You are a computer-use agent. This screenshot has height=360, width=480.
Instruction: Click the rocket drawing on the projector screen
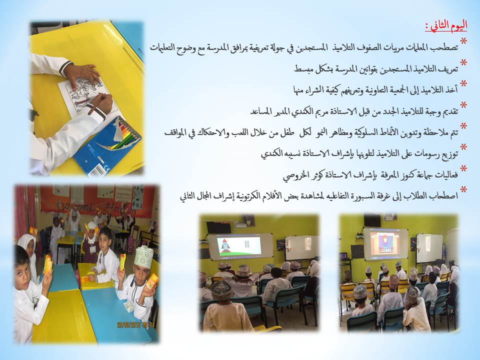[x=225, y=245]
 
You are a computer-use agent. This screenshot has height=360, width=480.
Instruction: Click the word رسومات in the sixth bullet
[x=427, y=153]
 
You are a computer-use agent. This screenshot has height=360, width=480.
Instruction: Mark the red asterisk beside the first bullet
[x=463, y=41]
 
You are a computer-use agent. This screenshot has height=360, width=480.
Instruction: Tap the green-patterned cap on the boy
[x=143, y=257]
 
